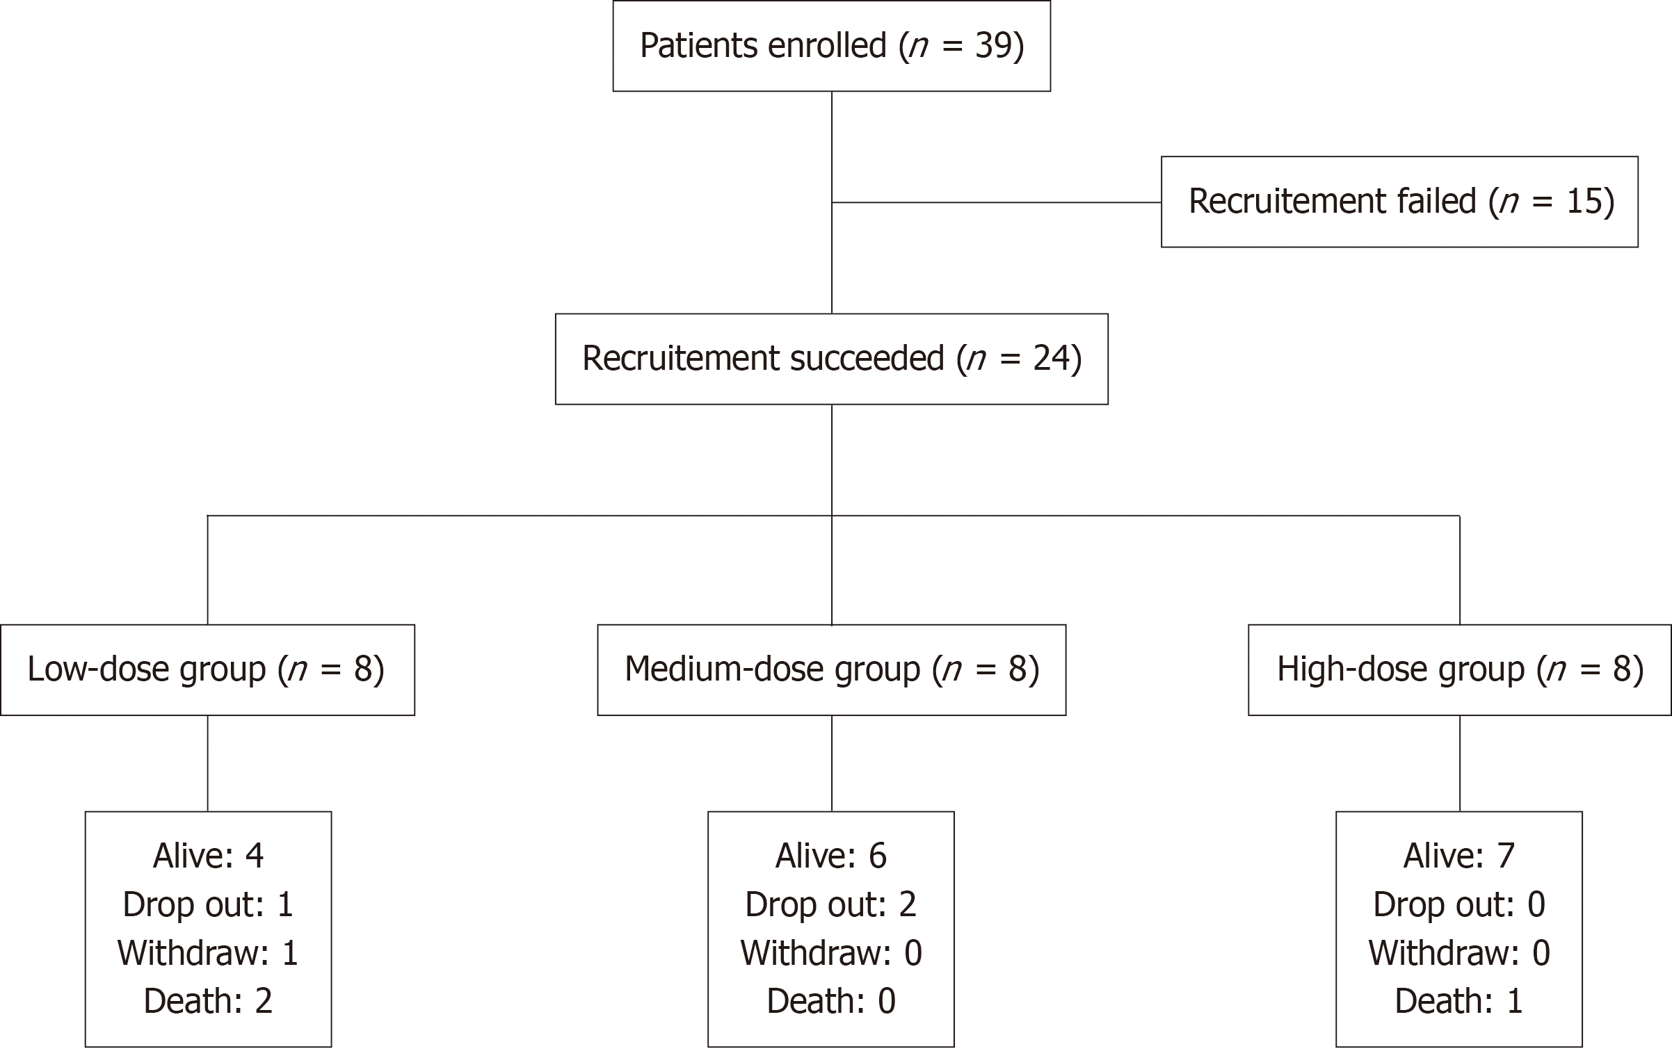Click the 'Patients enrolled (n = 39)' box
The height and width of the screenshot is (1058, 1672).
(831, 46)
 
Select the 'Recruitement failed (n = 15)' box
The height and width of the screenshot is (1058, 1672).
(1399, 202)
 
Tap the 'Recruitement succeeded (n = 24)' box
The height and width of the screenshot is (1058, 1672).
(831, 359)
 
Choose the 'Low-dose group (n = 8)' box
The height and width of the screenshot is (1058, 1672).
(207, 669)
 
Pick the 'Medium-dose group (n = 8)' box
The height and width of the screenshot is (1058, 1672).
(831, 669)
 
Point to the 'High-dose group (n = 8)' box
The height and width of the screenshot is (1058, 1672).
(1459, 669)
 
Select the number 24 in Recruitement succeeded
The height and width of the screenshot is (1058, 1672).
(1050, 359)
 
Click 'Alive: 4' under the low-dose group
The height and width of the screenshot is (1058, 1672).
(208, 856)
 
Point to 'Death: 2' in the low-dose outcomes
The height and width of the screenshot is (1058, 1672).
(208, 1001)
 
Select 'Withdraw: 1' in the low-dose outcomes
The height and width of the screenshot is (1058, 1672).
(208, 952)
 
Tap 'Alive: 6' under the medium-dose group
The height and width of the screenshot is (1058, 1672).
(831, 856)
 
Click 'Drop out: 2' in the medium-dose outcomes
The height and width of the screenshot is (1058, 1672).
(831, 904)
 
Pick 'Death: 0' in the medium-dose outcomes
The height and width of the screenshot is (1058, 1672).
(831, 1001)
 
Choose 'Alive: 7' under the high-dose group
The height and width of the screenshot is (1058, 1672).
(1459, 856)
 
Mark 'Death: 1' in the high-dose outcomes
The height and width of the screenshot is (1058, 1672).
(1459, 1001)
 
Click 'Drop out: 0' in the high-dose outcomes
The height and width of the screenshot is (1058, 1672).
(1459, 904)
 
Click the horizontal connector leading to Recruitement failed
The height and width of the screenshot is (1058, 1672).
(997, 202)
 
